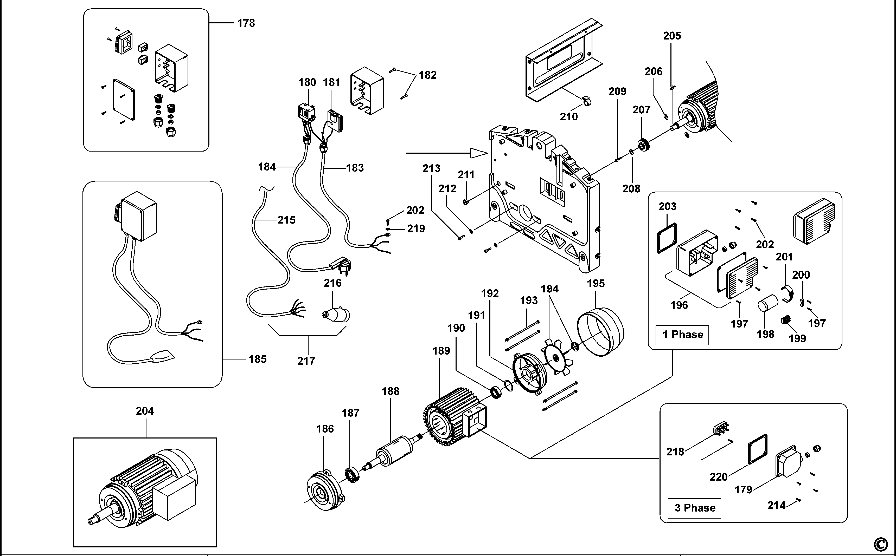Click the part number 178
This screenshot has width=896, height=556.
point(246,23)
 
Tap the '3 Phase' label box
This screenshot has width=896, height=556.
point(694,508)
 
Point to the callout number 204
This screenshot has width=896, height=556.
point(145,411)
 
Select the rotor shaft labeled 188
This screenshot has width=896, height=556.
point(395,451)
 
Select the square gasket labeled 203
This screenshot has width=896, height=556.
point(667,238)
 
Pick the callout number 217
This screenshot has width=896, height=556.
point(306,361)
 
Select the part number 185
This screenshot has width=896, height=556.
point(258,359)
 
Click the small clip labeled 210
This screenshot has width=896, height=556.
point(586,100)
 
